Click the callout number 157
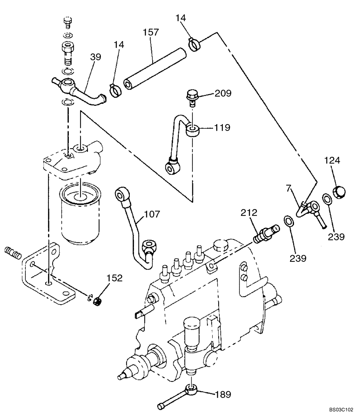coord(151,32)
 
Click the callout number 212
coord(251,213)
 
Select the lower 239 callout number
coord(298,258)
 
